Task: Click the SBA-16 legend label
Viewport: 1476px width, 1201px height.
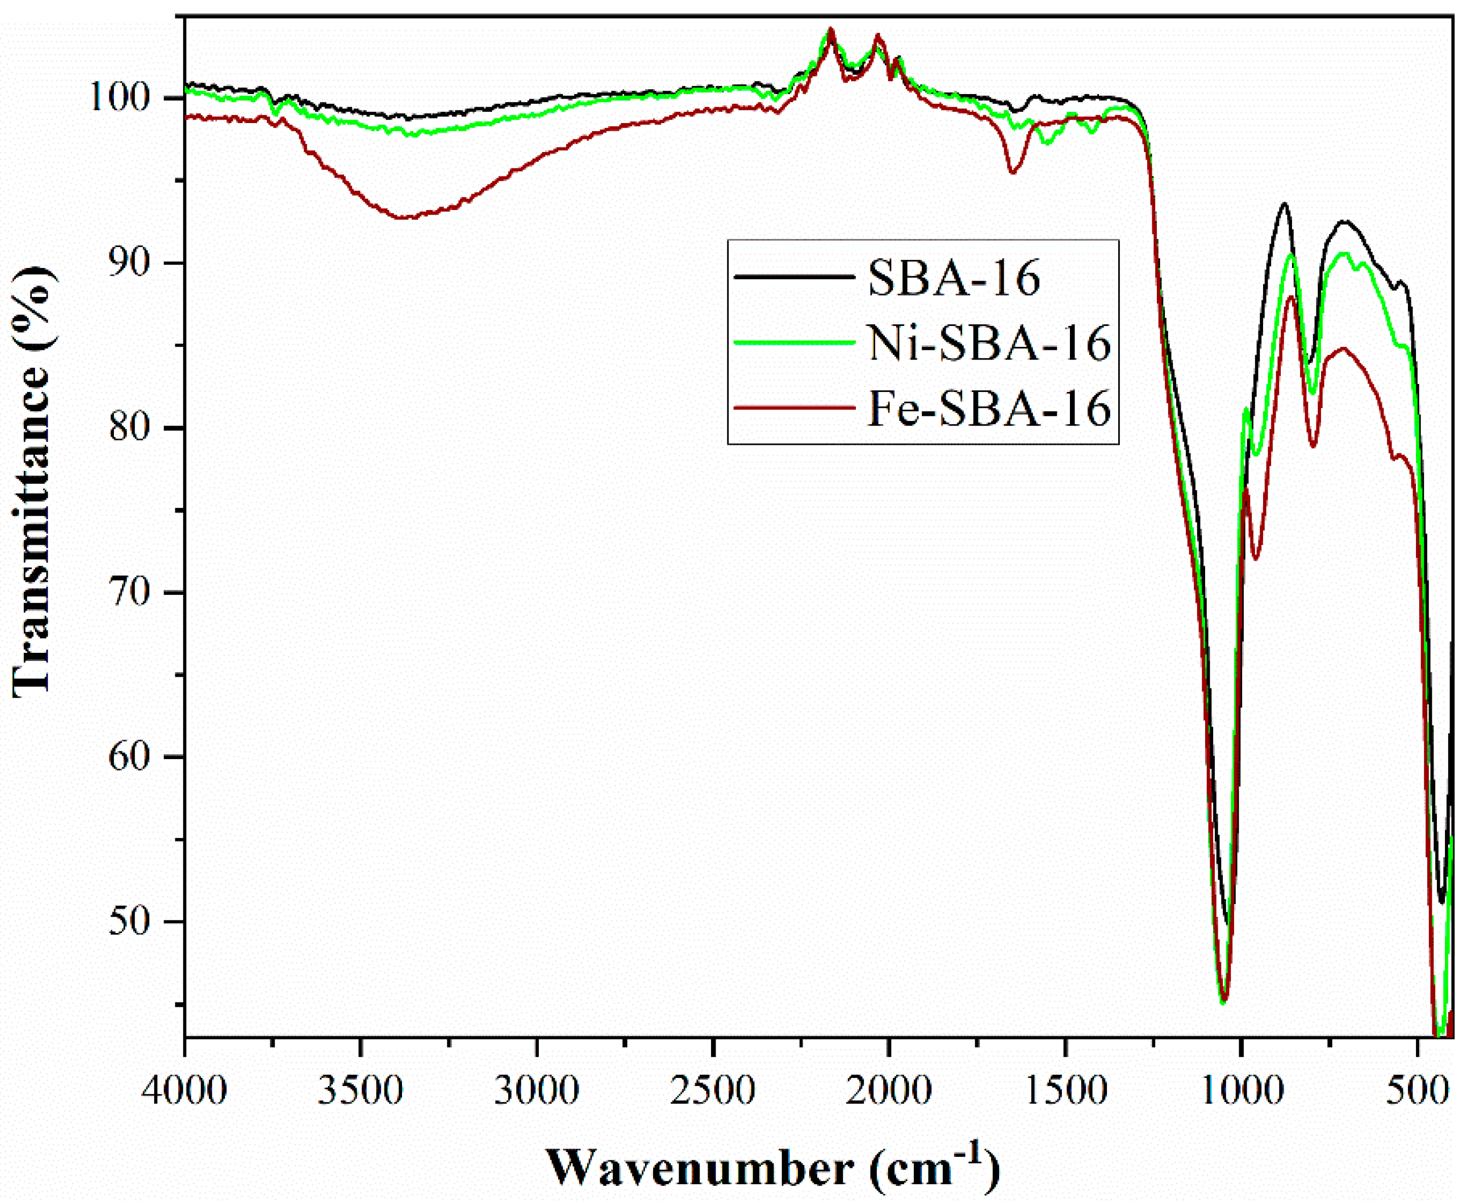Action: click(x=954, y=280)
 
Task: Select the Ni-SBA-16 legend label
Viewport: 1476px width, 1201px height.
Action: click(x=989, y=343)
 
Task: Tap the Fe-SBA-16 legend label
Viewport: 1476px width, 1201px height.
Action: click(x=989, y=408)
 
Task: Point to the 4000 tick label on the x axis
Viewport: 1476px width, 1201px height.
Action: click(x=186, y=1092)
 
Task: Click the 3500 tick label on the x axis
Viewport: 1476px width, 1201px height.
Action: click(x=361, y=1092)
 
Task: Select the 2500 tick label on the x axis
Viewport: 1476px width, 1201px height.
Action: click(x=713, y=1092)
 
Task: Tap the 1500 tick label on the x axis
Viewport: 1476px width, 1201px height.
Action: click(x=1065, y=1092)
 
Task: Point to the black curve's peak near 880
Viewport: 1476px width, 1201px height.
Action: click(x=1284, y=203)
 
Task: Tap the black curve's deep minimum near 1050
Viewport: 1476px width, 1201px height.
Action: click(x=1227, y=923)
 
